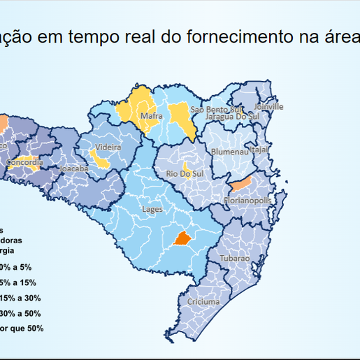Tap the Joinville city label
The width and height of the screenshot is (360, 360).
269,107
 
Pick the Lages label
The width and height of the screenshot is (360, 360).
152,209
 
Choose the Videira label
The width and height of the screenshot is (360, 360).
108,147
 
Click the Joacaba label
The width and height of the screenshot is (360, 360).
75,169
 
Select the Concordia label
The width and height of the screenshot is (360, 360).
24,163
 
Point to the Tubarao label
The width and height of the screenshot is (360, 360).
234,259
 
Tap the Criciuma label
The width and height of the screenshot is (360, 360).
203,302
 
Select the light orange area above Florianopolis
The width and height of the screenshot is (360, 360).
241,184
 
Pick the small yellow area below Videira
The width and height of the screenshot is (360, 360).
102,162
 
